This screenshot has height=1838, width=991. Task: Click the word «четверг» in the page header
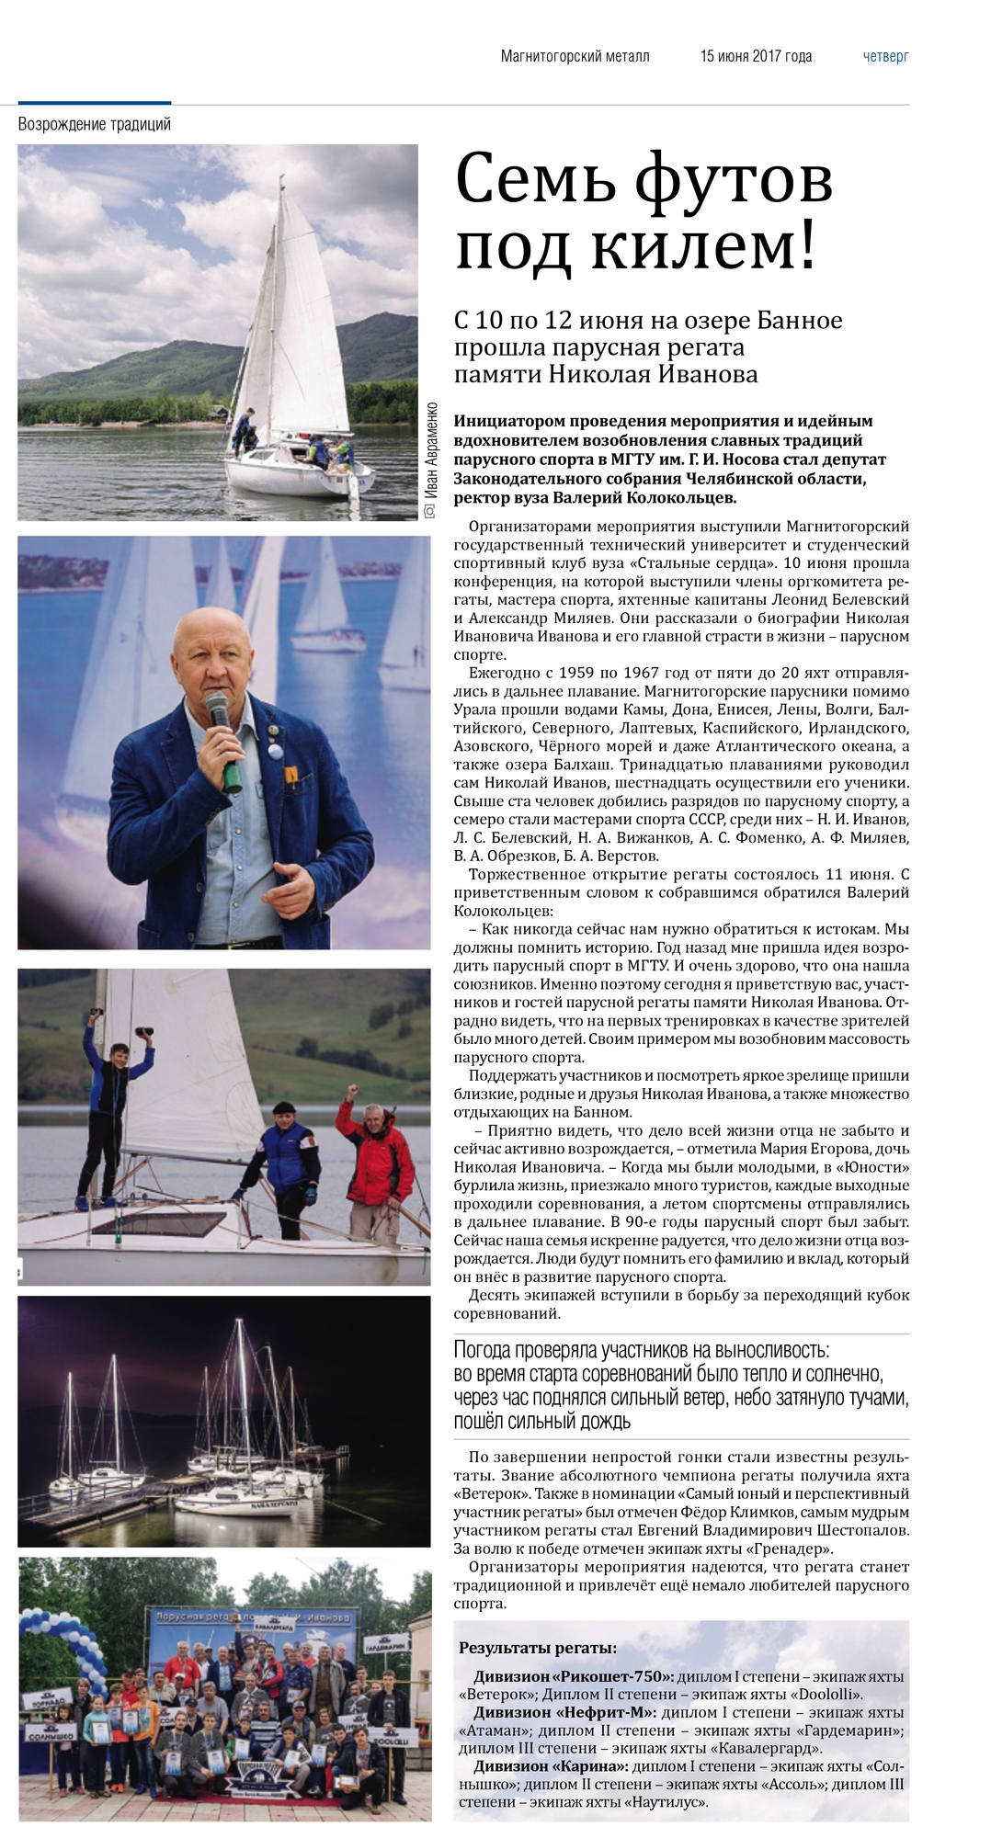885,56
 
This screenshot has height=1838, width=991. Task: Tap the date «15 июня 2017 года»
756,56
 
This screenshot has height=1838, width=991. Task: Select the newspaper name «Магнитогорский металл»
575,56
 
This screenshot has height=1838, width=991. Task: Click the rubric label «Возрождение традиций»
95,124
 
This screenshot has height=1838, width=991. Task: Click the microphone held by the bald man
221,726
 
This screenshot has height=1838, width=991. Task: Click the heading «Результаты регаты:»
538,1648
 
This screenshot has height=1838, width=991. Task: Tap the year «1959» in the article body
571,673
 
